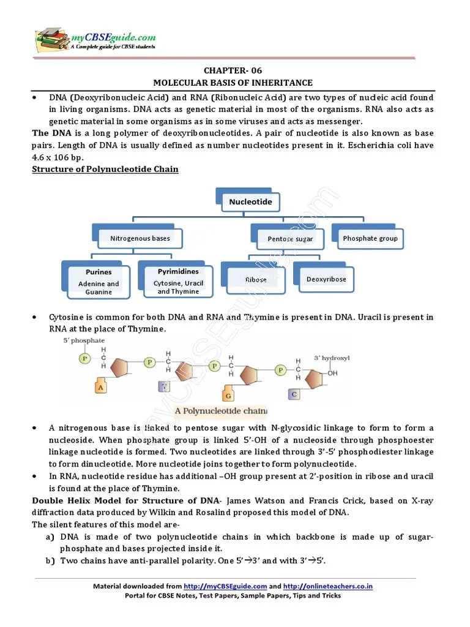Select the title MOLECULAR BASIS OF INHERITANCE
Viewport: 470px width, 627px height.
233,83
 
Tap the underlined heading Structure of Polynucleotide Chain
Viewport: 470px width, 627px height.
105,169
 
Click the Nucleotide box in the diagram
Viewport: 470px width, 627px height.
250,201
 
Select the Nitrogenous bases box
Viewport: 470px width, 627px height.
140,238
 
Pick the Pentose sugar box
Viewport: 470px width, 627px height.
289,239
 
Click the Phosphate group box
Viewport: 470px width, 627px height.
370,238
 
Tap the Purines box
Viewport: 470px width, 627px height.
98,280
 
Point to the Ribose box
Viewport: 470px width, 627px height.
256,279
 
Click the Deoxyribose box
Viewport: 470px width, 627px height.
326,279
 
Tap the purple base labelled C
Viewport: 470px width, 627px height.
294,394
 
